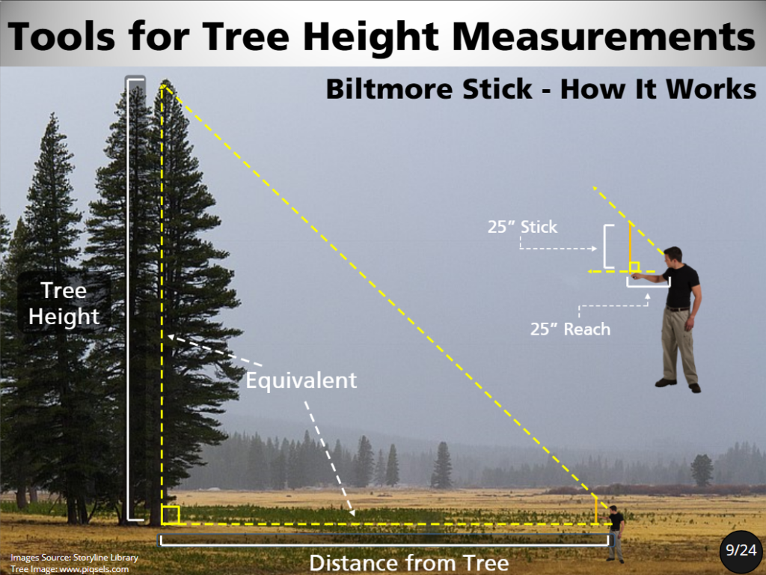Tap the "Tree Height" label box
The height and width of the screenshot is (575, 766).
click(x=64, y=303)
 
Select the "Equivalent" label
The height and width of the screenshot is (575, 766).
click(x=301, y=380)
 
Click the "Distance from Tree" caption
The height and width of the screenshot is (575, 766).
click(x=409, y=563)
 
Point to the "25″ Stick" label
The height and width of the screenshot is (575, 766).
click(x=522, y=227)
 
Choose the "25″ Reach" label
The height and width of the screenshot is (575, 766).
click(x=570, y=329)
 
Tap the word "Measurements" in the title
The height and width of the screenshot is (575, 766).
click(x=604, y=37)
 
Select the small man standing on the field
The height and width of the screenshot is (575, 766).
click(x=616, y=533)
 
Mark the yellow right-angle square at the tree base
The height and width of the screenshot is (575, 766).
click(x=171, y=515)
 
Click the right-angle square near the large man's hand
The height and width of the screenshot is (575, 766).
click(x=634, y=267)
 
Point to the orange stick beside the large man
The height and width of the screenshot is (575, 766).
click(x=630, y=246)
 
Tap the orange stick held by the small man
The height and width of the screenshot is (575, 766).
click(x=596, y=511)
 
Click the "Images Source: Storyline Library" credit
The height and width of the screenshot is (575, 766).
click(x=74, y=557)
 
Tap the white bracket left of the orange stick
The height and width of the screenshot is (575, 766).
click(x=607, y=246)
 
